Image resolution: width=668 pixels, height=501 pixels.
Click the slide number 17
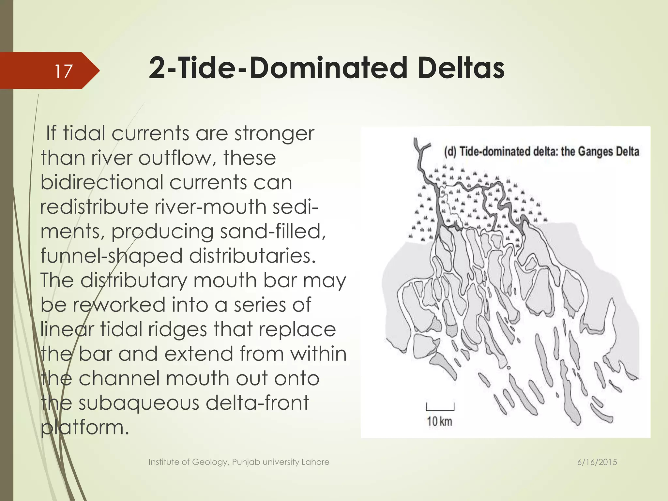point(63,71)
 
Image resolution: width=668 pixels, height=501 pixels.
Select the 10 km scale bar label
point(439,421)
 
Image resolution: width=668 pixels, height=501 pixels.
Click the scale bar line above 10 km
point(440,409)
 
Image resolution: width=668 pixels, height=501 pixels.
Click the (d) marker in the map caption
point(450,152)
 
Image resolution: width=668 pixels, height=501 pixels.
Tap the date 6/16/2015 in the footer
point(597,462)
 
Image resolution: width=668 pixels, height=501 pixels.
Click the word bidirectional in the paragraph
point(101,182)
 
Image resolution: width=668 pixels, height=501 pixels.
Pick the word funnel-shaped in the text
point(111,256)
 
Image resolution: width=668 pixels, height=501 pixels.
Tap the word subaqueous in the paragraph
point(139,402)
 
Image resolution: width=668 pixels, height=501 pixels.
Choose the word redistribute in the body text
point(94,207)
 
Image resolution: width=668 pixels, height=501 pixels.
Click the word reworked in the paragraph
point(119,305)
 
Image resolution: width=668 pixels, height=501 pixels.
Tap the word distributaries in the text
point(252,256)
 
